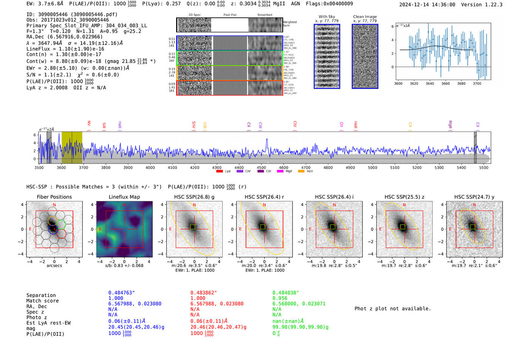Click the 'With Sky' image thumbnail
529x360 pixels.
327,56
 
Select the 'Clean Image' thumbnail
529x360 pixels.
365,56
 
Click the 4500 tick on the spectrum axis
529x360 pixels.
261,167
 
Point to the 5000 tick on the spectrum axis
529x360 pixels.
373,167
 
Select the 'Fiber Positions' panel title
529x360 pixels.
54,197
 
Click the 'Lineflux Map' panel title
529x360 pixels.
124,197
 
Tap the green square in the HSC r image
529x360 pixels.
263,227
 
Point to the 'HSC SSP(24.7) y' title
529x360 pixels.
474,197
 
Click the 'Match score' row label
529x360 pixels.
42,301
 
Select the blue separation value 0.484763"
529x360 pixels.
122,293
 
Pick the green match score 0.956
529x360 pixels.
280,298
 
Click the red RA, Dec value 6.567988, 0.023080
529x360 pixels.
217,304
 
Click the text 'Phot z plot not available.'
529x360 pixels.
393,309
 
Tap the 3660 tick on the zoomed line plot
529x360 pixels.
445,83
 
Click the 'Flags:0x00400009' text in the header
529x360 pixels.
329,3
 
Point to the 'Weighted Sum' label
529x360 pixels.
290,23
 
